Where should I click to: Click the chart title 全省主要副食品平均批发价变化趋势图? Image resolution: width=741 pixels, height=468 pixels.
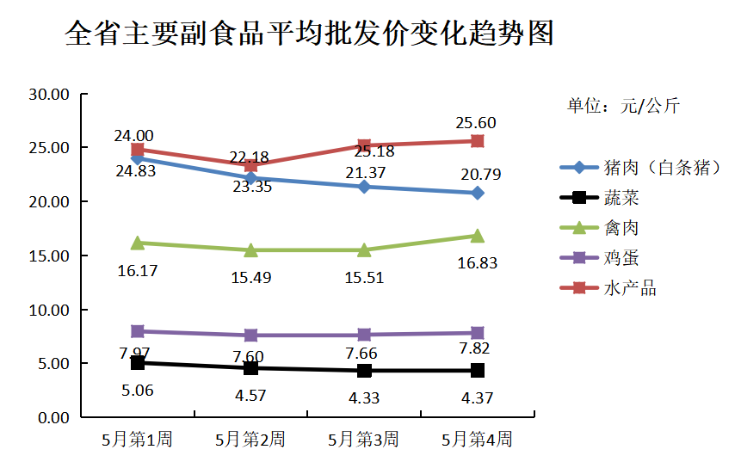pyautogui.click(x=309, y=34)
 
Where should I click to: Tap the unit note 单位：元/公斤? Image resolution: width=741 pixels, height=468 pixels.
pyautogui.click(x=623, y=106)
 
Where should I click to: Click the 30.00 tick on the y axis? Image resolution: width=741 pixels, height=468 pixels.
pyautogui.click(x=48, y=94)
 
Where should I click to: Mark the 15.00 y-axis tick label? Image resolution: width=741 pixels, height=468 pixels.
pyautogui.click(x=48, y=256)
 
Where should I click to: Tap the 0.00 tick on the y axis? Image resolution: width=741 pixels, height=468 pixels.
pyautogui.click(x=52, y=417)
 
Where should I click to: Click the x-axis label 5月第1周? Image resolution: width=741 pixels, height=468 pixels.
pyautogui.click(x=137, y=440)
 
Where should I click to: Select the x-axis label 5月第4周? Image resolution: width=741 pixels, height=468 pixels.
pyautogui.click(x=477, y=440)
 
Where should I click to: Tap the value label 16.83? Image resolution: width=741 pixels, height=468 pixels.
pyautogui.click(x=477, y=262)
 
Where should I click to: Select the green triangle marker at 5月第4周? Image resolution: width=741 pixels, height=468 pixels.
pyautogui.click(x=477, y=235)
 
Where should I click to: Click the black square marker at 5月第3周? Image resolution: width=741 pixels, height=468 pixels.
pyautogui.click(x=364, y=371)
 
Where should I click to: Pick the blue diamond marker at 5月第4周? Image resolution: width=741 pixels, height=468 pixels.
pyautogui.click(x=477, y=193)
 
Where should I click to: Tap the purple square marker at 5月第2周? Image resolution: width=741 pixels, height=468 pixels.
pyautogui.click(x=250, y=335)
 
